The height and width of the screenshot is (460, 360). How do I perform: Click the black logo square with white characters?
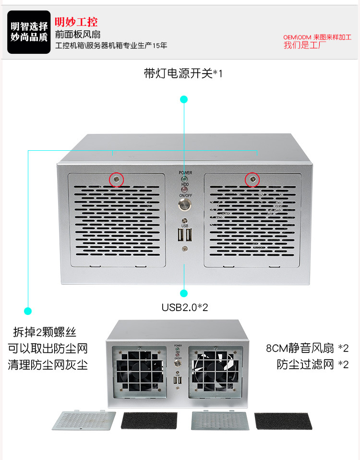(29, 32)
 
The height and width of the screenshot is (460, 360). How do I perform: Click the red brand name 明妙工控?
(76, 22)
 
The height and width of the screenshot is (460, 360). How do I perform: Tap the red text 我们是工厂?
(305, 45)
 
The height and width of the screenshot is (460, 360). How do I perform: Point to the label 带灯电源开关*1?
(183, 73)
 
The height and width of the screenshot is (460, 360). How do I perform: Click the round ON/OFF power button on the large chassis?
(185, 205)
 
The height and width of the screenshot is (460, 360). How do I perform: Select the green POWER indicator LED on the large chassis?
(184, 179)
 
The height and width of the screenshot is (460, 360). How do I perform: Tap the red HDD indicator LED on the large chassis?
(184, 190)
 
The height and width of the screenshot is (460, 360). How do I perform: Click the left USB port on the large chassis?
(180, 235)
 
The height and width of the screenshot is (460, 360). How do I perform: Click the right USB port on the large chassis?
(189, 235)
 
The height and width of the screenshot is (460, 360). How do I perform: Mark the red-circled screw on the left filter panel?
(117, 179)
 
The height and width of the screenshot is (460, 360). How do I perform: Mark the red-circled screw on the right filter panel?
(252, 179)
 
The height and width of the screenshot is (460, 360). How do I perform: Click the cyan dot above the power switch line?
(184, 99)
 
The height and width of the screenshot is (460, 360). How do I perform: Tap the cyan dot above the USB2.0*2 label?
(184, 293)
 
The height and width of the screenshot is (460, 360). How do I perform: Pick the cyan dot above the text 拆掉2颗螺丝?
(28, 311)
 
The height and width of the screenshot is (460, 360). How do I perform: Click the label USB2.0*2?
(185, 307)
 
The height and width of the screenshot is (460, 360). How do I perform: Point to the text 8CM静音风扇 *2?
(307, 348)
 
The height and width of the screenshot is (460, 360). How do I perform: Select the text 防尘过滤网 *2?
(313, 364)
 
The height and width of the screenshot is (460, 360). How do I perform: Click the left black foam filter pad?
(149, 420)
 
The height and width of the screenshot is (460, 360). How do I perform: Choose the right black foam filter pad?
(283, 421)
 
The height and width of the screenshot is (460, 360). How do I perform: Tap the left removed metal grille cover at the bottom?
(84, 420)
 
